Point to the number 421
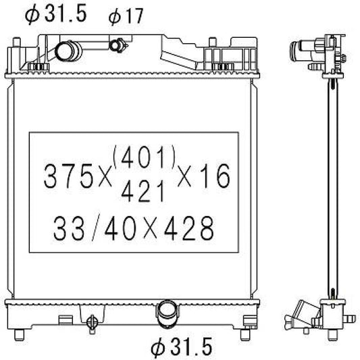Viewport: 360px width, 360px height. pyautogui.click(x=143, y=193)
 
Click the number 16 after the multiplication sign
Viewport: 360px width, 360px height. pyautogui.click(x=215, y=176)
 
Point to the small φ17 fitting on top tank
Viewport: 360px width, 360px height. pyautogui.click(x=118, y=46)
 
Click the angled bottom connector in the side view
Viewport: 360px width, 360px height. pyautogui.click(x=302, y=315)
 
